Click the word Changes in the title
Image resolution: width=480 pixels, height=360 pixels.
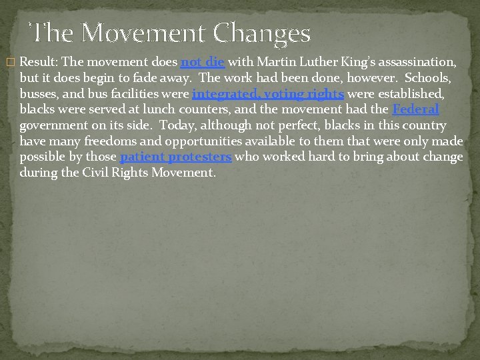[x=263, y=33]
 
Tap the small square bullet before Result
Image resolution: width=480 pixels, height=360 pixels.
[x=9, y=63]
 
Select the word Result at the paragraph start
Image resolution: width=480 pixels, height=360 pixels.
[x=37, y=63]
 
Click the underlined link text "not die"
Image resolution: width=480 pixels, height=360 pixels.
[x=202, y=63]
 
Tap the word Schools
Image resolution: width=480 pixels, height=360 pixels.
[x=425, y=78]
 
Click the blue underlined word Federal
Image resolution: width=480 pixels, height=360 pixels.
[x=415, y=109]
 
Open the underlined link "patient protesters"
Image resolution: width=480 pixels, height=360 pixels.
[x=175, y=157]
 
